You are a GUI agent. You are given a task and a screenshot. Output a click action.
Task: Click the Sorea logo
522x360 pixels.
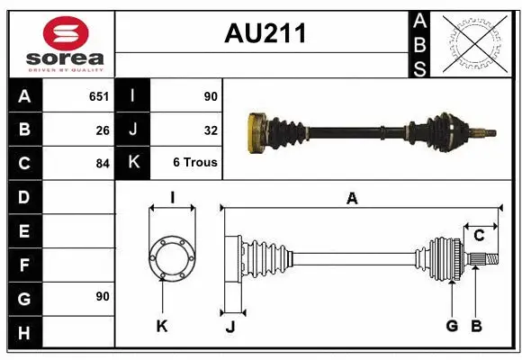point(60,43)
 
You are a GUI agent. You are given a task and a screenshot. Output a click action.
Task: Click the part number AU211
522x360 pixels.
point(265,35)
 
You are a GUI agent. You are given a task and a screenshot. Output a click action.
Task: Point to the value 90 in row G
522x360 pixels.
point(102,297)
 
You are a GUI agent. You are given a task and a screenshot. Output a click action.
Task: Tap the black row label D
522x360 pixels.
point(24,197)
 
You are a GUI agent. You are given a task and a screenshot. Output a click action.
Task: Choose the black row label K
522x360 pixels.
point(133,163)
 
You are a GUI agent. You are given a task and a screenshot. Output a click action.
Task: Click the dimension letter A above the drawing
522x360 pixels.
point(352,198)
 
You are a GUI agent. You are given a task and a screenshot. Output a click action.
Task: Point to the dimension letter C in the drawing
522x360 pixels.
point(479,235)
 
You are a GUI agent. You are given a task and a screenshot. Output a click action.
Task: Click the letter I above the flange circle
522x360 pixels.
point(172,198)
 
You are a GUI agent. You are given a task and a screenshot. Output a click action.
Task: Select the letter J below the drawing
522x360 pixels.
point(229,326)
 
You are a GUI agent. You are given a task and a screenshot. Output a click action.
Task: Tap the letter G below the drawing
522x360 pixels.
point(452,326)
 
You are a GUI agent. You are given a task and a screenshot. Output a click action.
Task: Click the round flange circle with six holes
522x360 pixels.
point(172,259)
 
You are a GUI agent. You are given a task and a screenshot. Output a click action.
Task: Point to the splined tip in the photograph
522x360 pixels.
point(487,134)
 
